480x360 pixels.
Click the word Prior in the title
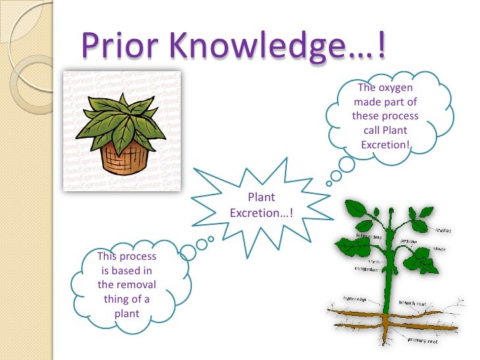click(x=117, y=44)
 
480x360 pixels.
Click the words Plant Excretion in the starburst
click(x=261, y=205)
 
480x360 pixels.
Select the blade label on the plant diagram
click(x=440, y=249)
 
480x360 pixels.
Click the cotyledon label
click(x=369, y=268)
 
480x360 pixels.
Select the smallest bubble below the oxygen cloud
click(x=324, y=185)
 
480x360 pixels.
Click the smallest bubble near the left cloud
click(x=210, y=239)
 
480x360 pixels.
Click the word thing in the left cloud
click(x=116, y=299)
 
